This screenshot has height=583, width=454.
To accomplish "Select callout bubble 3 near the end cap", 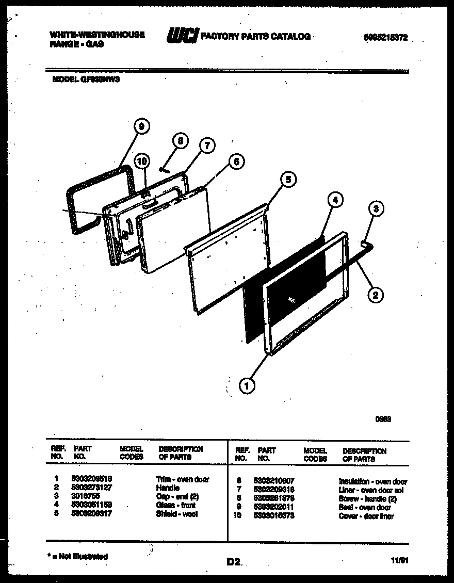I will (x=376, y=209).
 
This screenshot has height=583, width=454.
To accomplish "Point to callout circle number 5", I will (x=288, y=180).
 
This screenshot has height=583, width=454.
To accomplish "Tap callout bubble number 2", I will (x=375, y=295).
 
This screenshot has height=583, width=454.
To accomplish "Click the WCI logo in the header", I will (x=182, y=37).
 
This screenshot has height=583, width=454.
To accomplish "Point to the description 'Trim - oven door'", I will (x=183, y=479).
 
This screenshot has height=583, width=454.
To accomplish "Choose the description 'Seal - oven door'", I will (x=365, y=508).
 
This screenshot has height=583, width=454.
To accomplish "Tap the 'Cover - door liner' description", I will (x=366, y=516).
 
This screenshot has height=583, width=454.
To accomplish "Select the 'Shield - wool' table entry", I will (x=176, y=514).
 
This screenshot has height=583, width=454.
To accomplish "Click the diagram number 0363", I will (x=383, y=419).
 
